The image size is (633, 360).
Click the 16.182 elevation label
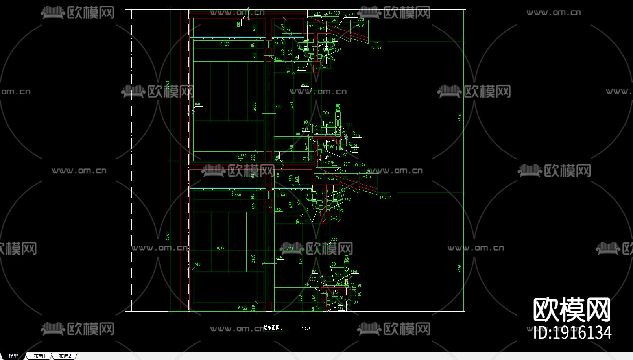pyautogui.click(x=376, y=47)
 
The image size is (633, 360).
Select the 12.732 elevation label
pyautogui.click(x=385, y=198)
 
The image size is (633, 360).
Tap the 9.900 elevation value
pyautogui.click(x=243, y=307)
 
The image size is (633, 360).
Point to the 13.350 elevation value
pyautogui.click(x=241, y=156)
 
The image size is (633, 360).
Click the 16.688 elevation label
pyautogui.click(x=334, y=13)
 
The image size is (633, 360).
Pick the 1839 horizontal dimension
pyautogui.click(x=220, y=248)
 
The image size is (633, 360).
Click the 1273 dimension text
pyautogui.click(x=289, y=249)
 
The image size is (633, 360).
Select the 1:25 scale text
pyautogui.click(x=306, y=329)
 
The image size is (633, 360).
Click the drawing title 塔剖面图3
pyautogui.click(x=273, y=328)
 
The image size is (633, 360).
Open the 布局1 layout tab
pyautogui.click(x=40, y=356)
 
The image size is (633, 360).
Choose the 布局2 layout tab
pyautogui.click(x=65, y=356)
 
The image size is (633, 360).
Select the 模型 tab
pyautogui.click(x=13, y=356)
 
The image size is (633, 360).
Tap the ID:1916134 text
pyautogui.click(x=572, y=333)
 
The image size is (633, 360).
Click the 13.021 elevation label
pyautogui.click(x=360, y=165)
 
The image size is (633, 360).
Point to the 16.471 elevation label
pyautogui.click(x=349, y=15)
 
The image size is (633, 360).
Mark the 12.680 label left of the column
pyautogui.click(x=235, y=195)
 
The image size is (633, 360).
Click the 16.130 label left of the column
pyautogui.click(x=224, y=44)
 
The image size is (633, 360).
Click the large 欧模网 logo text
pyautogui.click(x=572, y=310)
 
